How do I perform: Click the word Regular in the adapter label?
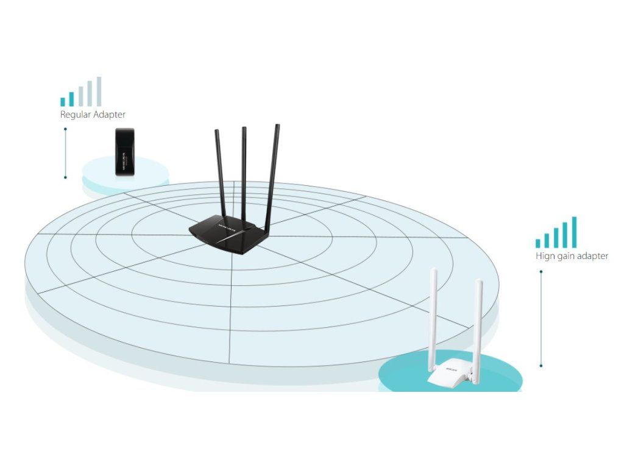coord(75,115)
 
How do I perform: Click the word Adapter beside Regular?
coord(110,115)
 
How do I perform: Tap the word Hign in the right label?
coord(545,256)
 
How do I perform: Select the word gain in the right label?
coord(568,257)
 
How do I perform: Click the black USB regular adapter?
coord(124,152)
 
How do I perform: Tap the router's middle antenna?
coord(244,171)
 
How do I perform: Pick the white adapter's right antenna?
coord(479,329)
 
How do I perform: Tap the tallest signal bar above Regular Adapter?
coord(99,91)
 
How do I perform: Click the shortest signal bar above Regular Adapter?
coord(63,102)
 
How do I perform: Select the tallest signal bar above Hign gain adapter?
coord(573,232)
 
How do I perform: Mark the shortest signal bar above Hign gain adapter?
coord(538,243)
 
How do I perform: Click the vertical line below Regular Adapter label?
coord(65,152)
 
